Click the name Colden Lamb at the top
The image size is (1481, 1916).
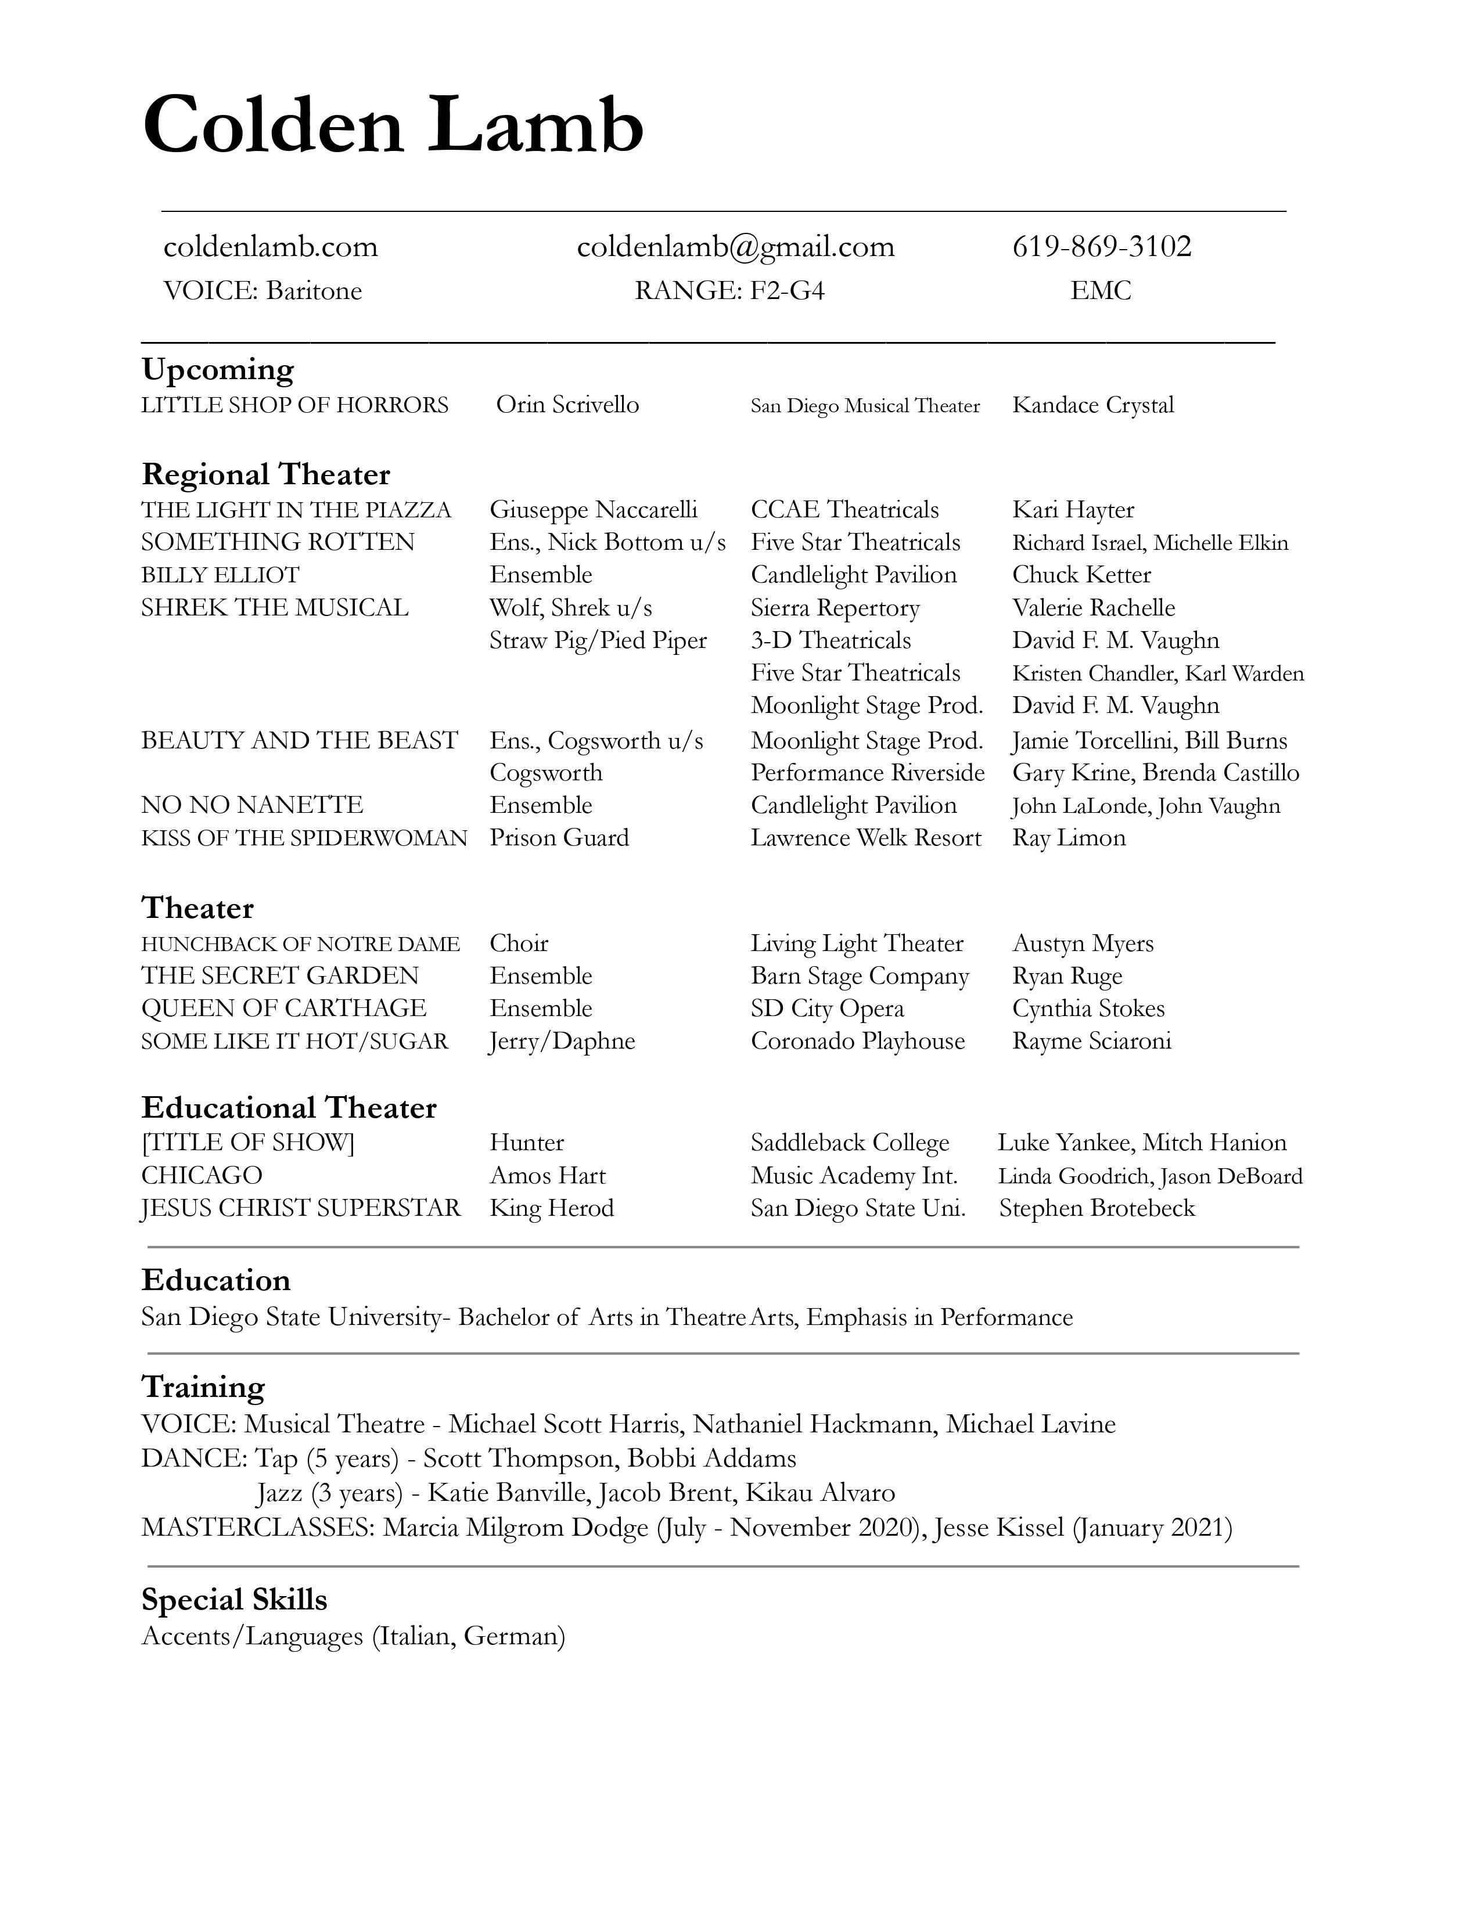(x=393, y=125)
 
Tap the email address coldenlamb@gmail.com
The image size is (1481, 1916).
(x=735, y=247)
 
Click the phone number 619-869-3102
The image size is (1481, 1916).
(x=1102, y=247)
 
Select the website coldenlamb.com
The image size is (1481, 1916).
(x=270, y=247)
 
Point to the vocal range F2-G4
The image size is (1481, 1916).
(x=787, y=290)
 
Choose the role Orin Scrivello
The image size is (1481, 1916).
(x=567, y=405)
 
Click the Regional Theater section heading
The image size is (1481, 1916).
(x=266, y=474)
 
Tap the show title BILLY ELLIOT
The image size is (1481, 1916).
(x=220, y=575)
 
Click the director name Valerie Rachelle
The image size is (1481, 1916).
(x=1093, y=608)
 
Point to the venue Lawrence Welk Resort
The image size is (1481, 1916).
(x=866, y=838)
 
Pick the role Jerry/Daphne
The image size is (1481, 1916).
(x=562, y=1042)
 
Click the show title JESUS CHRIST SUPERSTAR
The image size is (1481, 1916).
(x=301, y=1208)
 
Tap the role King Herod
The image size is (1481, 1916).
(x=552, y=1208)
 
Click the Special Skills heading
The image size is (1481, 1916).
(x=234, y=1600)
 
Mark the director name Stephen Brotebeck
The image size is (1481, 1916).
(x=1097, y=1208)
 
